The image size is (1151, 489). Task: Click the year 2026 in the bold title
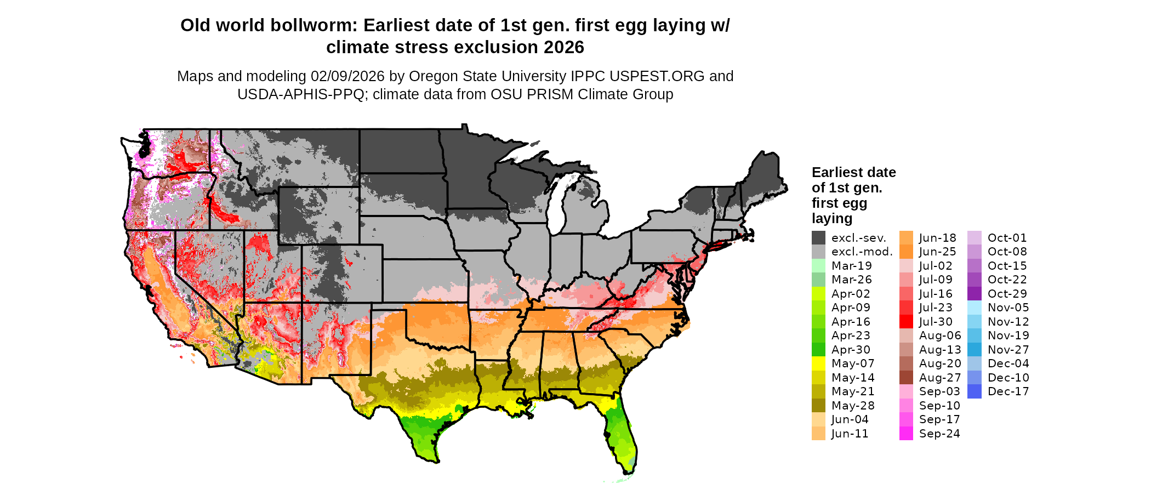[x=564, y=48]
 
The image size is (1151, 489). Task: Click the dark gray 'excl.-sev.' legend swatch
[x=818, y=238]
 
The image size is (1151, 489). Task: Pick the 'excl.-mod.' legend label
[x=862, y=252]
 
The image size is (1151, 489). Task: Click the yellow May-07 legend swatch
[x=818, y=363]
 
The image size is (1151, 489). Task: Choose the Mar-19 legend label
[x=851, y=266]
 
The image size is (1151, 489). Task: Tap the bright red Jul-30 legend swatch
[x=906, y=322]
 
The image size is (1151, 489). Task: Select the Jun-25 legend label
[x=937, y=252]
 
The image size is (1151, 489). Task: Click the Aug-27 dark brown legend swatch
[x=906, y=378]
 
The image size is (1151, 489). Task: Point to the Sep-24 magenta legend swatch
[x=906, y=434]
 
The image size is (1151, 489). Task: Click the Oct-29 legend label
[x=1007, y=294]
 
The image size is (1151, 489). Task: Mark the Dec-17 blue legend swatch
[x=974, y=391]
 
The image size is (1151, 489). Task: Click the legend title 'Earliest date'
[x=853, y=172]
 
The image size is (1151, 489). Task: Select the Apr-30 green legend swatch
[x=818, y=350]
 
